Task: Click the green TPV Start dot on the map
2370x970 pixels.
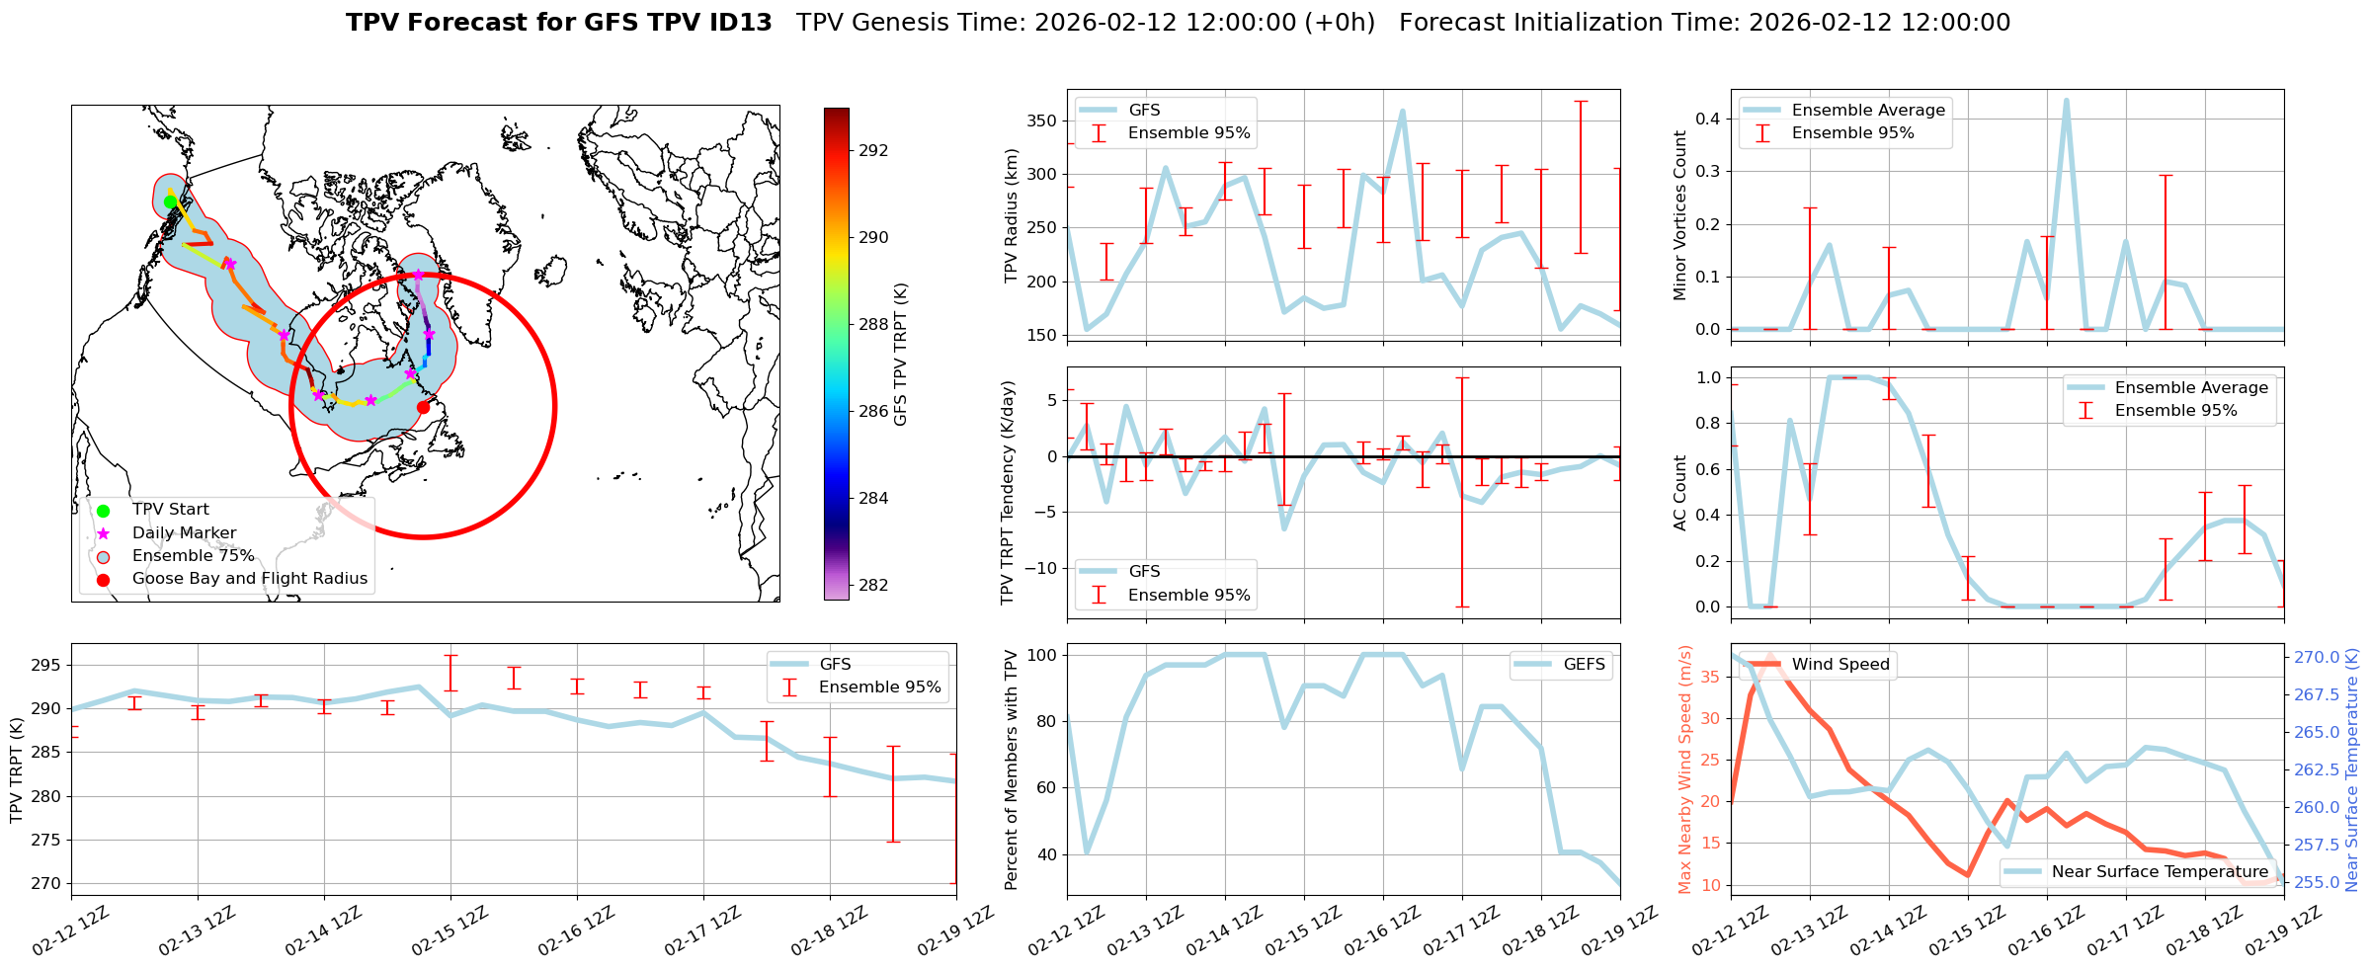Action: [x=170, y=202]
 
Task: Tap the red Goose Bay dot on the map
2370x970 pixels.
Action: [x=423, y=407]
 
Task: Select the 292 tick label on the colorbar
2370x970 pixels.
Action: [x=873, y=151]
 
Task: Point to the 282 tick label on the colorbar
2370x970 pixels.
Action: [x=873, y=586]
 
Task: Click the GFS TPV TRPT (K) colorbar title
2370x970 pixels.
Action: [x=900, y=355]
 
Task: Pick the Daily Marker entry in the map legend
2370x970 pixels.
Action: [x=184, y=533]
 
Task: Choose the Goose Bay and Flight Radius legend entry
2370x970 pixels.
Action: [x=249, y=579]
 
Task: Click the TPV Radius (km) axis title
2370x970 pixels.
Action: [x=1011, y=215]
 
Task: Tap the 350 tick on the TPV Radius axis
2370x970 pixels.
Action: [x=1042, y=121]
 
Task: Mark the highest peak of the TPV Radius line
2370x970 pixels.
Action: [x=1402, y=112]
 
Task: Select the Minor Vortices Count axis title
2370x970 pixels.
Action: [x=1679, y=215]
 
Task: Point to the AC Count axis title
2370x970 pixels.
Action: [x=1679, y=493]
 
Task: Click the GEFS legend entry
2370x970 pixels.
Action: [x=1584, y=665]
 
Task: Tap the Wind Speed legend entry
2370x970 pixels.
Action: [x=1839, y=665]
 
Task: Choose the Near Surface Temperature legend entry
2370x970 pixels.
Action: [x=2160, y=872]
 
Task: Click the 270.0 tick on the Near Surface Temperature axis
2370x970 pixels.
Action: [x=2316, y=657]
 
